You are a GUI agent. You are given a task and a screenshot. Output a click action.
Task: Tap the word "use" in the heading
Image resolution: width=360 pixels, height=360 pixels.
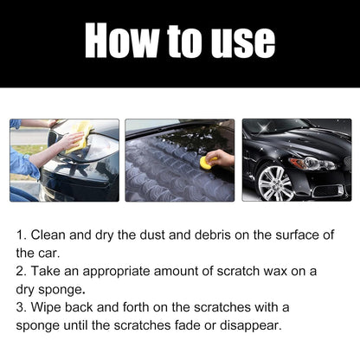click(242, 42)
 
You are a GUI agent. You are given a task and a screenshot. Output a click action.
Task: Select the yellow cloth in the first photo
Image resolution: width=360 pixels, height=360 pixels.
click(76, 134)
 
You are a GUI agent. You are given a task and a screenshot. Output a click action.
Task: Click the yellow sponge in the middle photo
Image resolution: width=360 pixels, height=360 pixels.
click(206, 161)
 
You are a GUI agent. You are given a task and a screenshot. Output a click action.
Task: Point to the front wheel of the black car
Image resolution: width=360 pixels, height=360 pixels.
click(274, 183)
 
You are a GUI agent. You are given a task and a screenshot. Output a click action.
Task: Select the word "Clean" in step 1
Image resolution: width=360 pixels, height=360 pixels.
click(53, 235)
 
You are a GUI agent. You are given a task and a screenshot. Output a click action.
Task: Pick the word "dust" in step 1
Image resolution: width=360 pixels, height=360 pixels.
click(145, 235)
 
